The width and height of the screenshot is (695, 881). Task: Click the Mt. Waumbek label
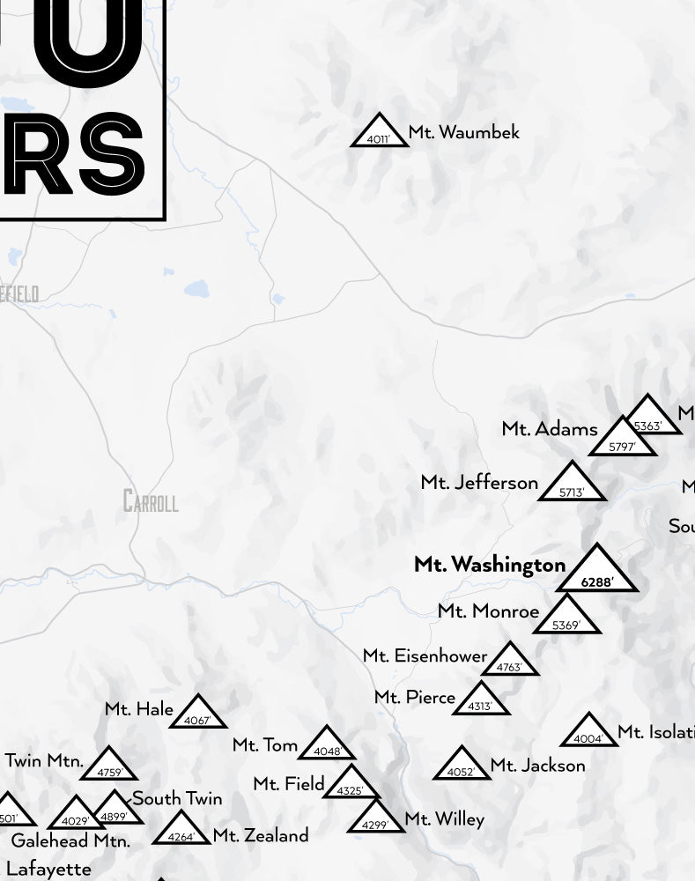point(463,133)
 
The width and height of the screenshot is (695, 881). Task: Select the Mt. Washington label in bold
point(490,565)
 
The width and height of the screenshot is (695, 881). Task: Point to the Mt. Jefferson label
point(479,483)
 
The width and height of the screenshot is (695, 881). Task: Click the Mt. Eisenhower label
point(425,656)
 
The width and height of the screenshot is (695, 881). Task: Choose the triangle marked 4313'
point(480,701)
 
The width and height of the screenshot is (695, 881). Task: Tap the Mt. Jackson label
point(537,766)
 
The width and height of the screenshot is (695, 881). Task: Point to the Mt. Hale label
point(139,709)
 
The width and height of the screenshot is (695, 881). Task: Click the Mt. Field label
point(289,783)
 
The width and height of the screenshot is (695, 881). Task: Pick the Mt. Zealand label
point(261,835)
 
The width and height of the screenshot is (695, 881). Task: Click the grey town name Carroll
point(151,502)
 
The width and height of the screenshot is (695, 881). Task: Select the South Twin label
point(177,799)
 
